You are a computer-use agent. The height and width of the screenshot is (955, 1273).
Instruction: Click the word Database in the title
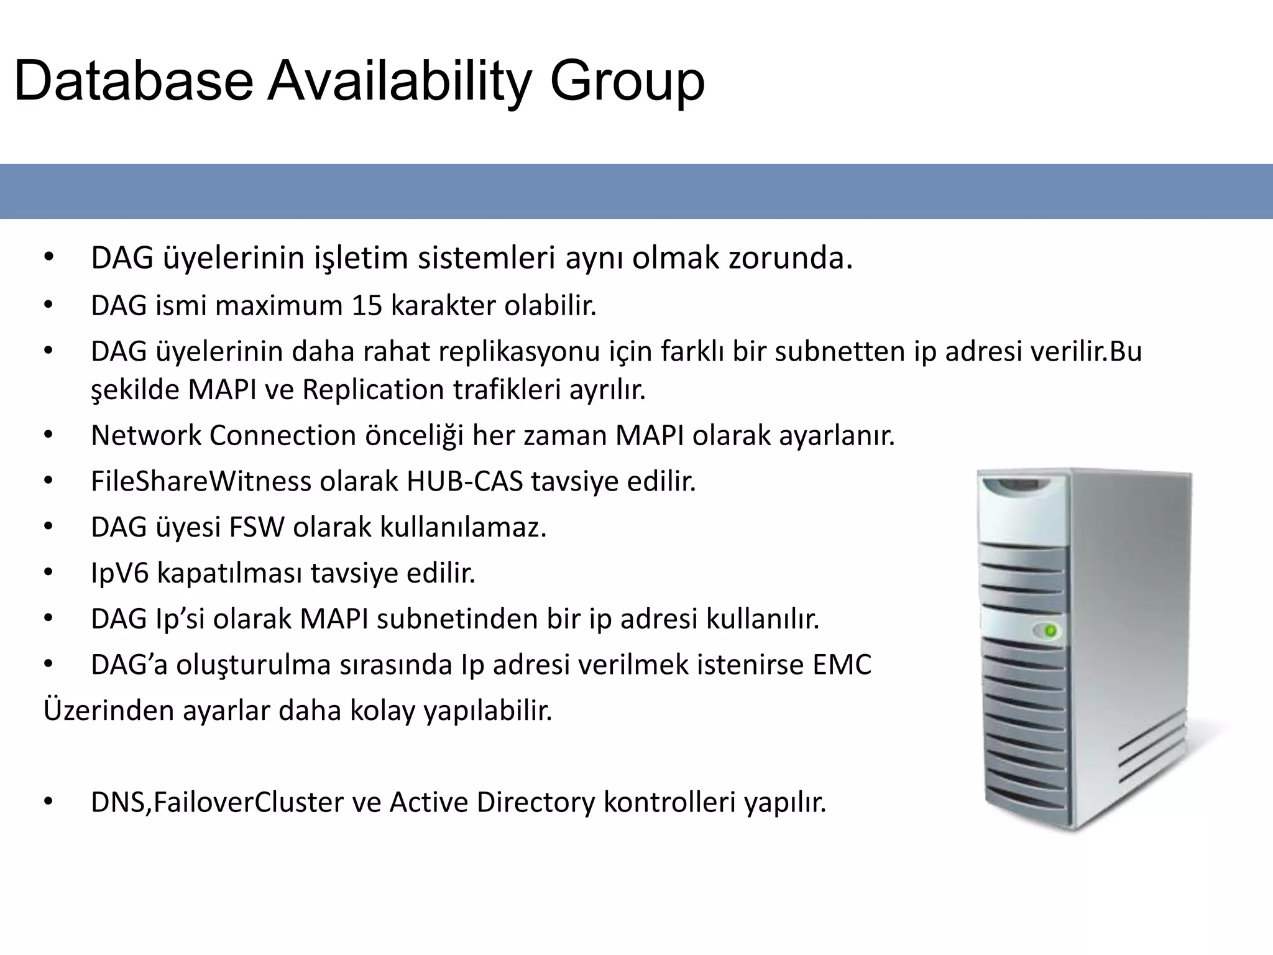[x=133, y=81]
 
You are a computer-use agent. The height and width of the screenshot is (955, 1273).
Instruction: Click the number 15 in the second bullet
[x=367, y=306]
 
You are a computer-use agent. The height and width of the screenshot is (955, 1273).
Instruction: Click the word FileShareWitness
[x=201, y=481]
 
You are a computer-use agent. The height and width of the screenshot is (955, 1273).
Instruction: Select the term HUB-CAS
[x=464, y=481]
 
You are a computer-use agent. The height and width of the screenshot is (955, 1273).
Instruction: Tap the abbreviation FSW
[x=257, y=527]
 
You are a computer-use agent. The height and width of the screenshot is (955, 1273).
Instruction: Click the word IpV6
[x=119, y=573]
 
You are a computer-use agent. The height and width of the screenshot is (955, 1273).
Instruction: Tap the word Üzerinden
[x=108, y=711]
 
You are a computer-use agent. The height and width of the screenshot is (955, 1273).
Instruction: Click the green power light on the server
[x=1050, y=632]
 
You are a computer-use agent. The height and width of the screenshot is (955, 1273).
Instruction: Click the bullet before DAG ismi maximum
[x=48, y=306]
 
